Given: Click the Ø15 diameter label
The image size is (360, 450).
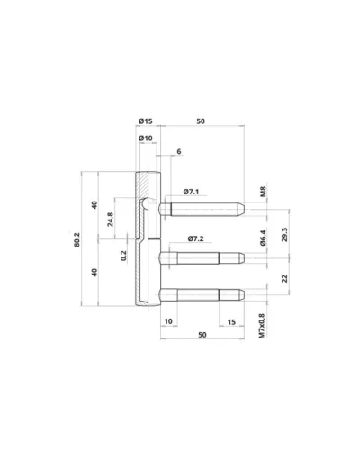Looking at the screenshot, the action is (146, 121).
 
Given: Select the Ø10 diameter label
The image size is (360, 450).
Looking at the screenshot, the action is (146, 139).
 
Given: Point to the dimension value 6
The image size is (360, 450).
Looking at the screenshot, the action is (179, 151).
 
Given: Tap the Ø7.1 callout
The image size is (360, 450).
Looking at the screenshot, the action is (191, 192).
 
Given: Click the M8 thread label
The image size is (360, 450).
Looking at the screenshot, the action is (263, 192).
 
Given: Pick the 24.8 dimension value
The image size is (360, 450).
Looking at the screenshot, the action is (111, 220).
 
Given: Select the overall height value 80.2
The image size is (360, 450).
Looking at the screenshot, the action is (76, 239).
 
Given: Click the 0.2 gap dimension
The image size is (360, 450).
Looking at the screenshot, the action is (123, 256).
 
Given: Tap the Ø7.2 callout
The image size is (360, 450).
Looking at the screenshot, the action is (195, 238).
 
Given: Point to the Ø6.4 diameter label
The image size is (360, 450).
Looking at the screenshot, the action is (263, 238).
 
